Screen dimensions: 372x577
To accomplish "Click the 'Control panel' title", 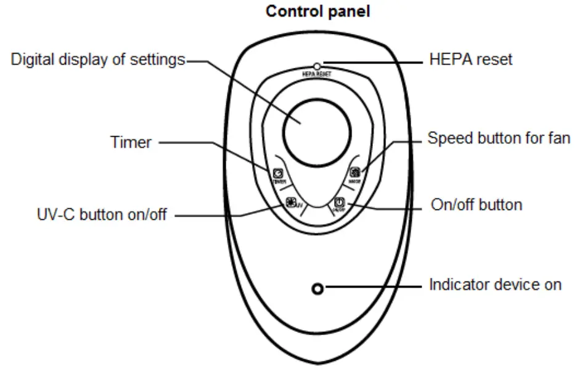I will tap(317, 12).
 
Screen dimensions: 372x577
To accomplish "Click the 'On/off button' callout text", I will tap(475, 205).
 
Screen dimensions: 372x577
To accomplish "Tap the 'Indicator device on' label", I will tap(495, 285).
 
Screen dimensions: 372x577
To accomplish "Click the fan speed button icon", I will tap(354, 173).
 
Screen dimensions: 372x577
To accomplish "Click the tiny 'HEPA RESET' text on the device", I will tap(317, 73).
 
